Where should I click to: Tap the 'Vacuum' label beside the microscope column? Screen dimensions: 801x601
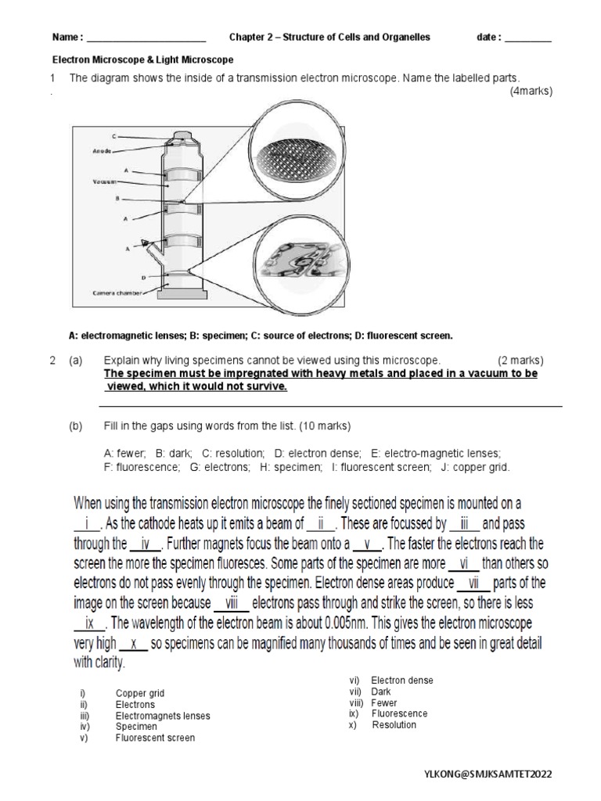point(104,181)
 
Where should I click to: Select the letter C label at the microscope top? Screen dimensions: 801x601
point(115,135)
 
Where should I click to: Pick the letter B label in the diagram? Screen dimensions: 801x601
point(117,199)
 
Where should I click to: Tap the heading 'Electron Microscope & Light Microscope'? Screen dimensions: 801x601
point(142,59)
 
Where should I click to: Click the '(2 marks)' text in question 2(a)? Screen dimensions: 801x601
point(520,361)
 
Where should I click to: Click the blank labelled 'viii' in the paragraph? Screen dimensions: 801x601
point(232,603)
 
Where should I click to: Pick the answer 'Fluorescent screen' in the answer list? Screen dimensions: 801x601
point(155,738)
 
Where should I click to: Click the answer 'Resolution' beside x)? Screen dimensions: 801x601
point(394,725)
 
